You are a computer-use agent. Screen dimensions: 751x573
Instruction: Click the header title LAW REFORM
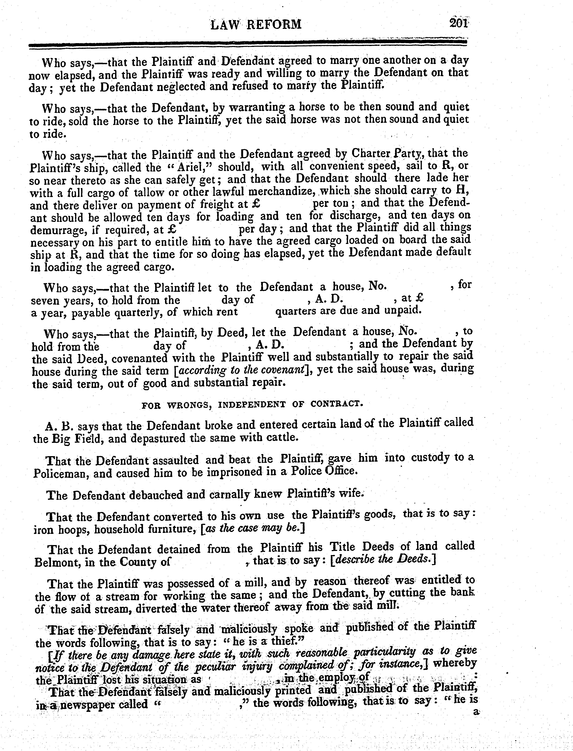pos(256,24)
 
